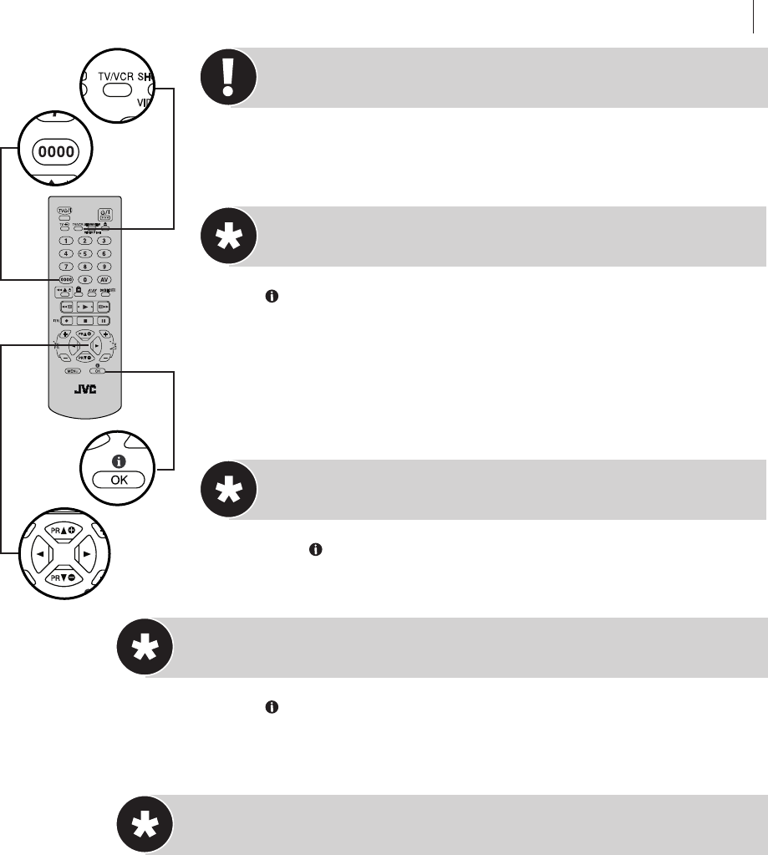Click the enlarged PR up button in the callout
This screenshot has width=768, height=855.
point(61,532)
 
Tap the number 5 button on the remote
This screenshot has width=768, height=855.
point(84,253)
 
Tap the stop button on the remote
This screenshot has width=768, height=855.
point(84,320)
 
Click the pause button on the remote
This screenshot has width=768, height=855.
point(104,320)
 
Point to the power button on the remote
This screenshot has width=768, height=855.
point(104,213)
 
